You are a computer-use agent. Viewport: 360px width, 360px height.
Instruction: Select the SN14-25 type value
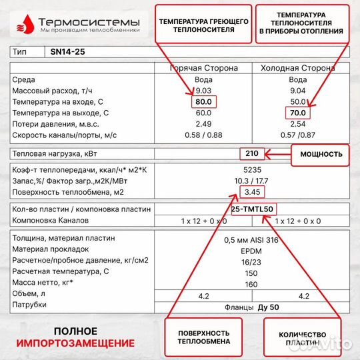click(x=67, y=51)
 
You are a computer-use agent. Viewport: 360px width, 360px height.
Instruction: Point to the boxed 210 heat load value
click(x=252, y=153)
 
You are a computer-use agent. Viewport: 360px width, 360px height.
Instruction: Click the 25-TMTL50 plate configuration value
click(x=252, y=209)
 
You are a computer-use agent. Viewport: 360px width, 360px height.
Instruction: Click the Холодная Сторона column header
click(x=298, y=68)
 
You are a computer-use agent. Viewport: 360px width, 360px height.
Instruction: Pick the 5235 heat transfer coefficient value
click(x=251, y=169)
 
